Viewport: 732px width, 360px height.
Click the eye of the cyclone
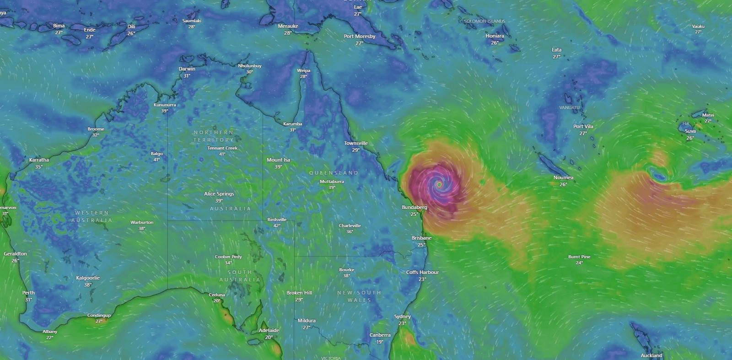click(439, 184)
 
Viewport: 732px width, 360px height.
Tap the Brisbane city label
click(421, 238)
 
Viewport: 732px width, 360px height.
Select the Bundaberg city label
click(414, 207)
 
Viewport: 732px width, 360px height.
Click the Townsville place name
click(356, 143)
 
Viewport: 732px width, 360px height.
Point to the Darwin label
click(187, 69)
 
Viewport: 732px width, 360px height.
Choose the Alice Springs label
click(219, 194)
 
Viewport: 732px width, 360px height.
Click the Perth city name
click(28, 293)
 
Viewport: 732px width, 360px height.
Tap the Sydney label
click(403, 317)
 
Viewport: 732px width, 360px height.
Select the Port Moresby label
click(360, 36)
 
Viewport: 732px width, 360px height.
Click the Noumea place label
click(563, 177)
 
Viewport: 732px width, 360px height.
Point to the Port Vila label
click(583, 126)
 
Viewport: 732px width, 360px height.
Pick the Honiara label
click(495, 36)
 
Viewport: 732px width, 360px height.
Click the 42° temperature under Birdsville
click(277, 226)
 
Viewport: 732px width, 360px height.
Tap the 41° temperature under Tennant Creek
click(222, 154)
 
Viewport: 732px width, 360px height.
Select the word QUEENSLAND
click(334, 173)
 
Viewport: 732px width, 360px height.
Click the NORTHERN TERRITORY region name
click(213, 136)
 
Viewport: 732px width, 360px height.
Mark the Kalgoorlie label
click(88, 278)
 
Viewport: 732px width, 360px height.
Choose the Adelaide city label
click(269, 330)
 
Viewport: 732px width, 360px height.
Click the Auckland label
click(651, 355)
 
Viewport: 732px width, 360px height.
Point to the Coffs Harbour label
click(422, 272)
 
